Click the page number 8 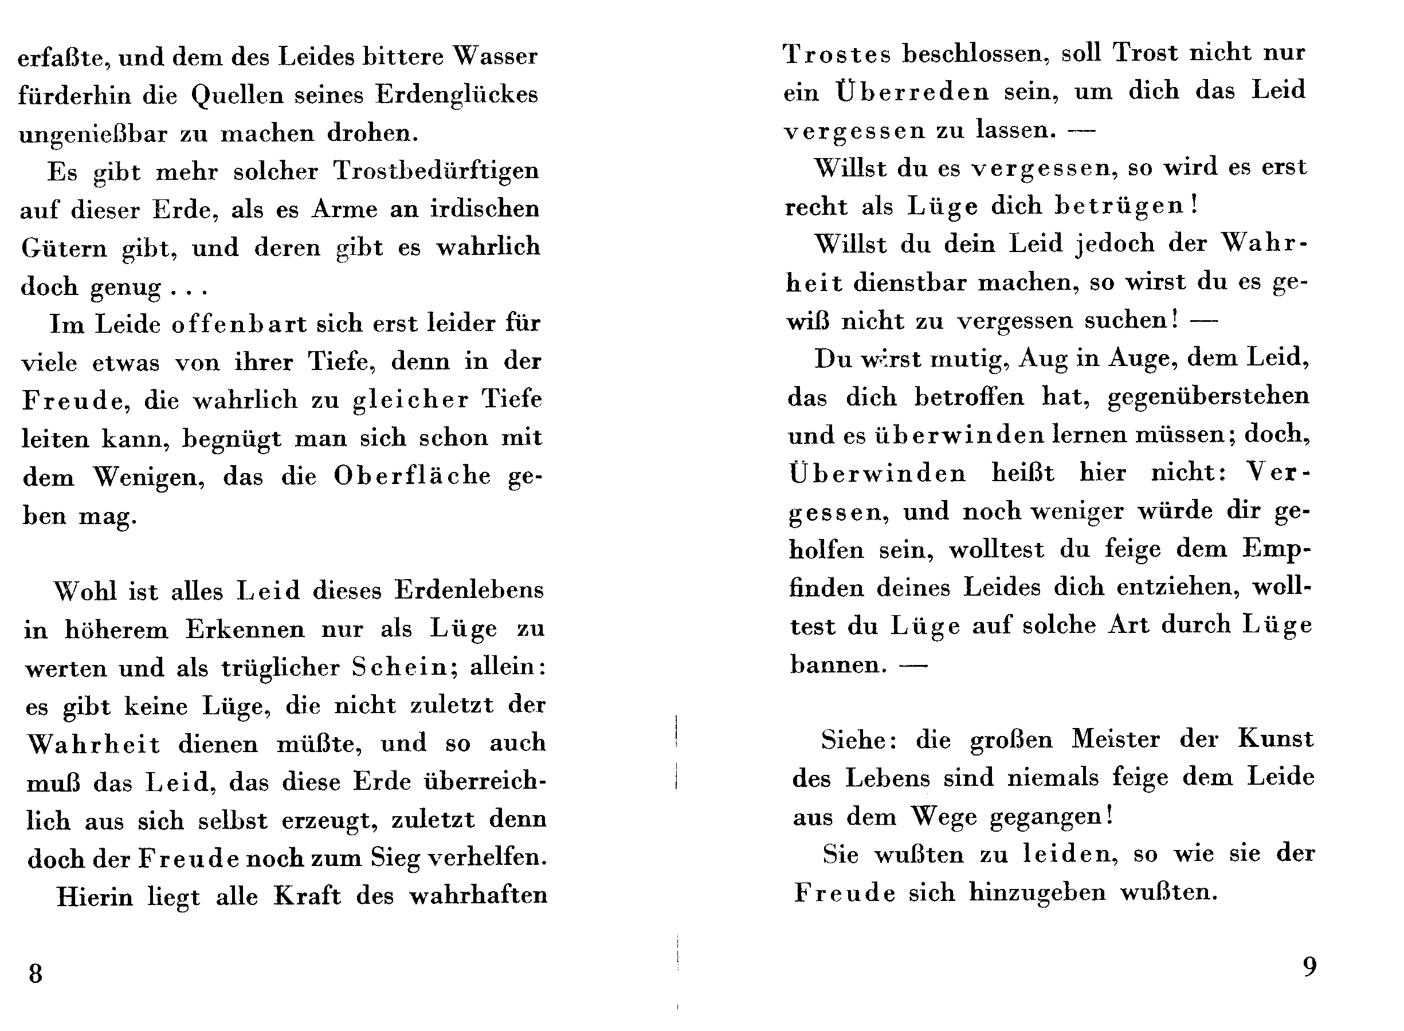[x=36, y=974]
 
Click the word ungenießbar [x=93, y=134]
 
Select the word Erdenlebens [x=469, y=591]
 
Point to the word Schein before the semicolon [x=399, y=667]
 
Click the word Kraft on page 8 [x=307, y=896]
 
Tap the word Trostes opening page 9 [x=837, y=54]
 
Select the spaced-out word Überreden [x=912, y=92]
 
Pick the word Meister [x=1116, y=739]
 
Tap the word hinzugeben [x=1037, y=893]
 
